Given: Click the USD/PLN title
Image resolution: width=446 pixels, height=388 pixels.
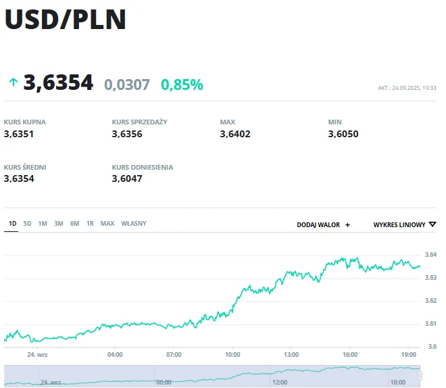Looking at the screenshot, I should tap(66, 19).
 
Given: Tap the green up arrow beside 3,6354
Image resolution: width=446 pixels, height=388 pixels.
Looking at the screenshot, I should tap(13, 82).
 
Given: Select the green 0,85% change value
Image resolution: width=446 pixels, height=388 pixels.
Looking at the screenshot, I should tap(182, 84).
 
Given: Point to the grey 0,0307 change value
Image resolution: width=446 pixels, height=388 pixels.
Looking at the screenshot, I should tap(127, 84).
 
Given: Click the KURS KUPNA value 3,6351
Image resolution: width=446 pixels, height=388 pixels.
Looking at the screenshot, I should tap(19, 134).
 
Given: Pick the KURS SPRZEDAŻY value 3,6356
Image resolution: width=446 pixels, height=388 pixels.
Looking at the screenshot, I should tap(127, 134).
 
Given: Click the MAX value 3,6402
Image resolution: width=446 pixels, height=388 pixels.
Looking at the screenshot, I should tap(235, 134).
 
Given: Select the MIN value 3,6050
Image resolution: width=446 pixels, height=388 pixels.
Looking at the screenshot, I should tap(343, 134).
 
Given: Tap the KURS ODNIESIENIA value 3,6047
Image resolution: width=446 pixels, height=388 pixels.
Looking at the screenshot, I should tap(127, 178).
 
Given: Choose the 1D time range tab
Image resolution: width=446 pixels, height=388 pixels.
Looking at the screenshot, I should tap(12, 224).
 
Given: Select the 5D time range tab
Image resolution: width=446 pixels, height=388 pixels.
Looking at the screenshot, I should tap(27, 224).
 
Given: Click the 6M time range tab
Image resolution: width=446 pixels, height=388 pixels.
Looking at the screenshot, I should tap(74, 224).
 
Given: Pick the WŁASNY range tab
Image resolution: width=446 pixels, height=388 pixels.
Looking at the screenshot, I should tap(134, 224).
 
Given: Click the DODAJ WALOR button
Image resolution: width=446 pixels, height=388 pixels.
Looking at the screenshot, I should tap(324, 224).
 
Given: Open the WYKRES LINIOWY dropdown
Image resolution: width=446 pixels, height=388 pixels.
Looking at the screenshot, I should tap(404, 224).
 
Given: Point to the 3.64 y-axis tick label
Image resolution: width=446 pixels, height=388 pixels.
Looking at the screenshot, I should tap(430, 255).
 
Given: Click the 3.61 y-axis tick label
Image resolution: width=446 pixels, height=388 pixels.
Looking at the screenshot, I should tap(430, 324).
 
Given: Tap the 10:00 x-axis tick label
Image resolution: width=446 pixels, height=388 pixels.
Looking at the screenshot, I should tap(232, 354).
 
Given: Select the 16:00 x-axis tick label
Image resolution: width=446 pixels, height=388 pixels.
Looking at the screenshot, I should tap(350, 354).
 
